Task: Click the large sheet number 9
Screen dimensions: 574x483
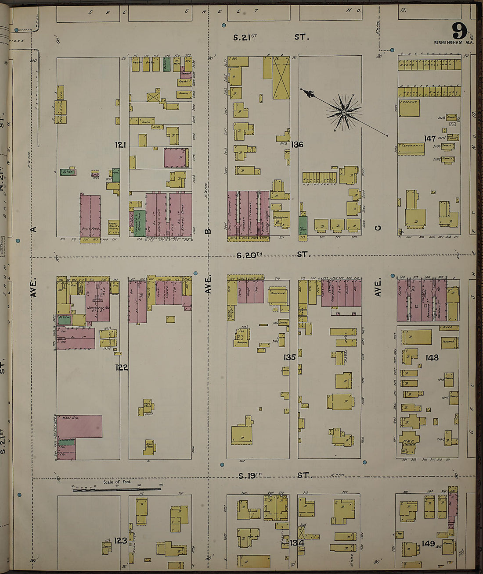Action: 459,31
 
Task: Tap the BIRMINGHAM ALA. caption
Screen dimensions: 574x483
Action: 454,43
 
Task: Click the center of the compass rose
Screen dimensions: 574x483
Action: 344,113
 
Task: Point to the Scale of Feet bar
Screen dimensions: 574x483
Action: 117,488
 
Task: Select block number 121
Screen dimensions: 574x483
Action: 121,145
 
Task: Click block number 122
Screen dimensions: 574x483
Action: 122,367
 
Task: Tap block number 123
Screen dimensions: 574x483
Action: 121,541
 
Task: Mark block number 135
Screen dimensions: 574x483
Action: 289,357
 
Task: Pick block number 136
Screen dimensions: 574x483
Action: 297,144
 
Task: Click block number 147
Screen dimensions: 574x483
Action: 429,139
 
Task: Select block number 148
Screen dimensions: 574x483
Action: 432,357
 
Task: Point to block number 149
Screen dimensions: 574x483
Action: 428,544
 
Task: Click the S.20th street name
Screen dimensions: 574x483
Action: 249,255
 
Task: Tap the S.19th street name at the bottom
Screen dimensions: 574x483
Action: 249,475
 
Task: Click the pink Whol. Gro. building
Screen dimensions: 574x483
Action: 79,426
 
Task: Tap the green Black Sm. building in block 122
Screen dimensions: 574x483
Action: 65,320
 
